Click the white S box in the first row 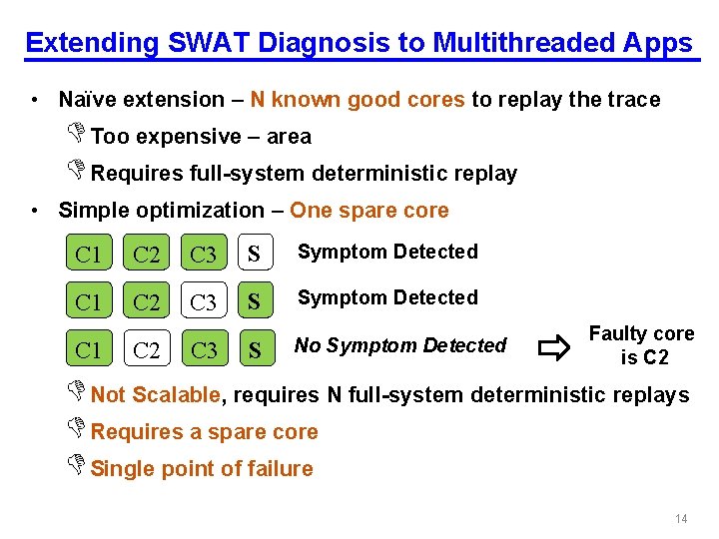(x=255, y=254)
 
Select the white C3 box (x=203, y=300)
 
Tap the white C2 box (x=146, y=349)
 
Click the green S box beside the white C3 (x=255, y=300)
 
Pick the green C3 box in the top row (x=203, y=254)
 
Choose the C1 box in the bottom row (x=88, y=349)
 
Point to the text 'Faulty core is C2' (x=642, y=345)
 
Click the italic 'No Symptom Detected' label (x=399, y=345)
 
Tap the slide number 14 (x=682, y=519)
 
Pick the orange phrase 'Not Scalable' (x=155, y=394)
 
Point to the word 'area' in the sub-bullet (x=289, y=136)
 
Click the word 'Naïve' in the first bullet (x=86, y=99)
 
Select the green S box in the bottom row (x=255, y=349)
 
